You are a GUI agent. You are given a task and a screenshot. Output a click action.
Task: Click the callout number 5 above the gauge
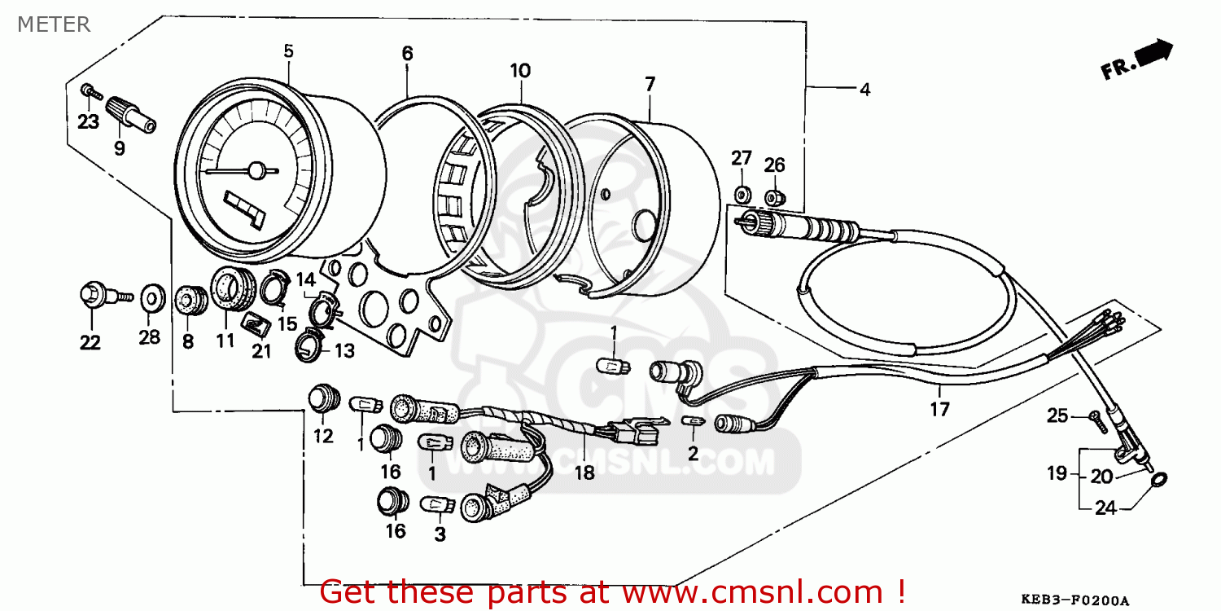288,51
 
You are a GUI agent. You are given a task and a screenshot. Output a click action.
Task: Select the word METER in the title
54,24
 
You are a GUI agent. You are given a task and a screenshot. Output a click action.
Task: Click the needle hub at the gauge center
256,171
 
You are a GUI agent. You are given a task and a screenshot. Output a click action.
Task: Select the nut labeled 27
741,196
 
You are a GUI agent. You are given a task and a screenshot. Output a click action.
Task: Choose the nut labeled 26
774,197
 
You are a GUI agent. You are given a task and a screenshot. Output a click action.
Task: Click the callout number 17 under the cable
939,409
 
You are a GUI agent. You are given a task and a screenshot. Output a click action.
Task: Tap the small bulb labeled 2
693,421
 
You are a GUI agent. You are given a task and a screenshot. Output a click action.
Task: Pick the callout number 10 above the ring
520,70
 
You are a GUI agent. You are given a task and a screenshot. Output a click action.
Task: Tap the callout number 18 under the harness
584,473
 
